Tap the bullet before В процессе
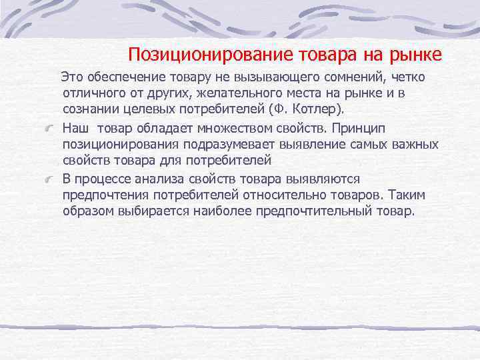(49, 180)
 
